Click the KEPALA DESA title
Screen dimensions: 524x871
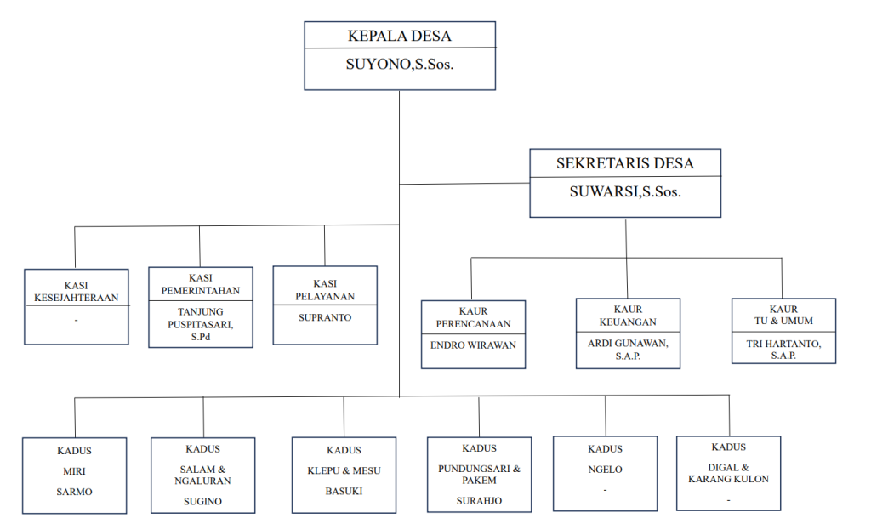400,36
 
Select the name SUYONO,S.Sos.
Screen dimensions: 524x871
400,63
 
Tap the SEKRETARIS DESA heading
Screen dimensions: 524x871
625,163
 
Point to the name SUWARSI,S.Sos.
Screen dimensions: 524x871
625,191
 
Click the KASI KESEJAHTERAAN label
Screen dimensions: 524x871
77,292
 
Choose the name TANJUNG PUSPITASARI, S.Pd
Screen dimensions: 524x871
201,323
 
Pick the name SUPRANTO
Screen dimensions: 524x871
325,317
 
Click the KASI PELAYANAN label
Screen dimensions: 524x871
325,290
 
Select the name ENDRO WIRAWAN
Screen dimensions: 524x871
473,344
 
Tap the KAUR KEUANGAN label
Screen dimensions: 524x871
628,316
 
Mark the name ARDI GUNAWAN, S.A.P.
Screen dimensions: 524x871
628,349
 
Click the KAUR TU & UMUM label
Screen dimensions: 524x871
783,315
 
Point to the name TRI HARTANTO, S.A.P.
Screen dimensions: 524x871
783,349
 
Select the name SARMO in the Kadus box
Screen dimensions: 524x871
76,492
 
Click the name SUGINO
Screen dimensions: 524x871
203,501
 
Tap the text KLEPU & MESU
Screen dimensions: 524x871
344,470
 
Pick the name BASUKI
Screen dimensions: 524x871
344,491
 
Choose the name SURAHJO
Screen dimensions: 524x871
479,500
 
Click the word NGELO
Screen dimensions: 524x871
605,470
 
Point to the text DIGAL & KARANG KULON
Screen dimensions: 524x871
729,473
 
